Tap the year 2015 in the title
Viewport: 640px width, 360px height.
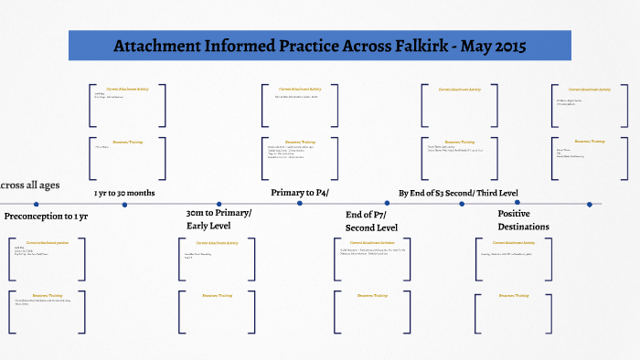point(506,47)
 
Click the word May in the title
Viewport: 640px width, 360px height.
point(466,47)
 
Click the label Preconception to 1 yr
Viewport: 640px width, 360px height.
point(47,217)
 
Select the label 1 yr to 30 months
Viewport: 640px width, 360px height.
point(124,194)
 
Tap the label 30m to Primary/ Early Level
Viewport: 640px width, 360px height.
point(219,219)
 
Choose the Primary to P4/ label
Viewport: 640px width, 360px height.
point(300,193)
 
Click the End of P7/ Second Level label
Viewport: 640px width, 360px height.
point(371,220)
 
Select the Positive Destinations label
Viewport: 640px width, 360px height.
point(523,219)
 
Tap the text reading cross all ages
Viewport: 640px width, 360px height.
point(30,185)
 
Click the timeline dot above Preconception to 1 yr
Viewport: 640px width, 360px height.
point(36,205)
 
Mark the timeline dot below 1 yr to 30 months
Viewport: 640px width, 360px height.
point(125,205)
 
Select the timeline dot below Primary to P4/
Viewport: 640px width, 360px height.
point(300,205)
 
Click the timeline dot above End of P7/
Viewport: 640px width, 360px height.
point(380,205)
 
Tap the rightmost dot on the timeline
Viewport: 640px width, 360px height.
point(590,205)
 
